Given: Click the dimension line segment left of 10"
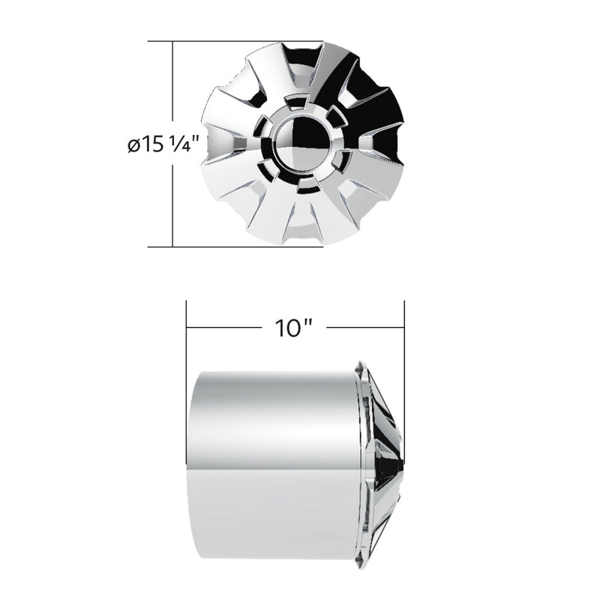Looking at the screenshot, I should [x=225, y=328].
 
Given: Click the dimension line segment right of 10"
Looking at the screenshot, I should [x=366, y=328].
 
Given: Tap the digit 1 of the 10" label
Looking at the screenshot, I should [x=280, y=328].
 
